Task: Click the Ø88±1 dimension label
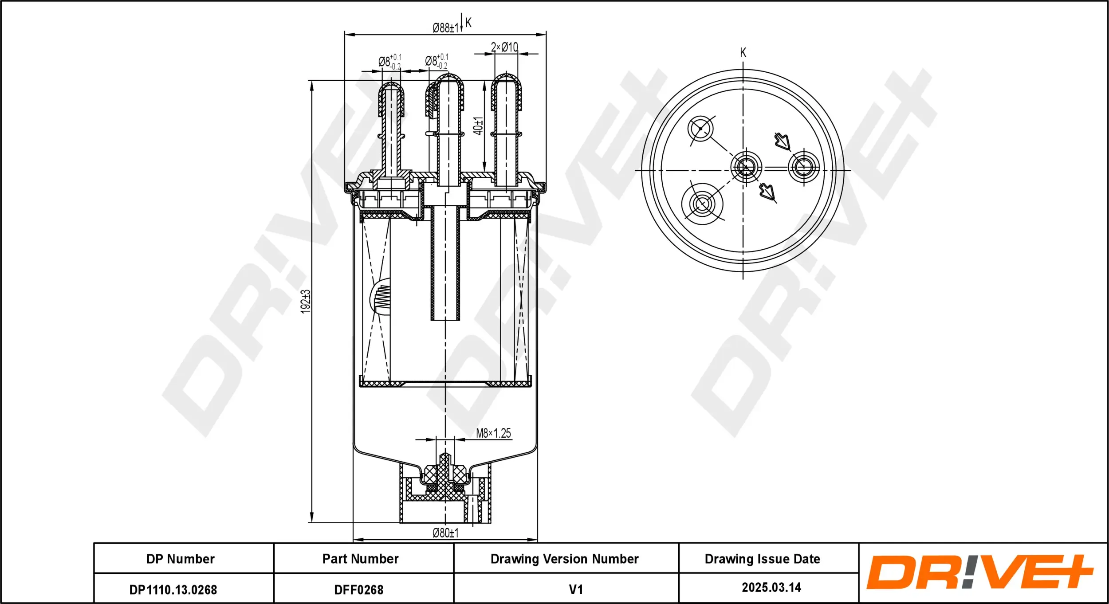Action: (x=445, y=28)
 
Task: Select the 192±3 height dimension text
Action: (x=306, y=302)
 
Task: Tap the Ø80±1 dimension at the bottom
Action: (x=445, y=533)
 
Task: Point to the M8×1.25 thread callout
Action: (x=493, y=433)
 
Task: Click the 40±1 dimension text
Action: (x=478, y=126)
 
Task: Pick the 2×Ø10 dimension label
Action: (x=504, y=47)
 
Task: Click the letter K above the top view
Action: (x=743, y=53)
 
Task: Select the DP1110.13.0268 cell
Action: (x=173, y=590)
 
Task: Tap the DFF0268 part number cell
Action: (x=358, y=590)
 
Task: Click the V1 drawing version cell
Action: (x=575, y=589)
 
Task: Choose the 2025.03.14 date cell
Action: (x=771, y=588)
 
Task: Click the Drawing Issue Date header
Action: (x=762, y=559)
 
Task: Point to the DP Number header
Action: (x=181, y=559)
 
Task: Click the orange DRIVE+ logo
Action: (x=979, y=572)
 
